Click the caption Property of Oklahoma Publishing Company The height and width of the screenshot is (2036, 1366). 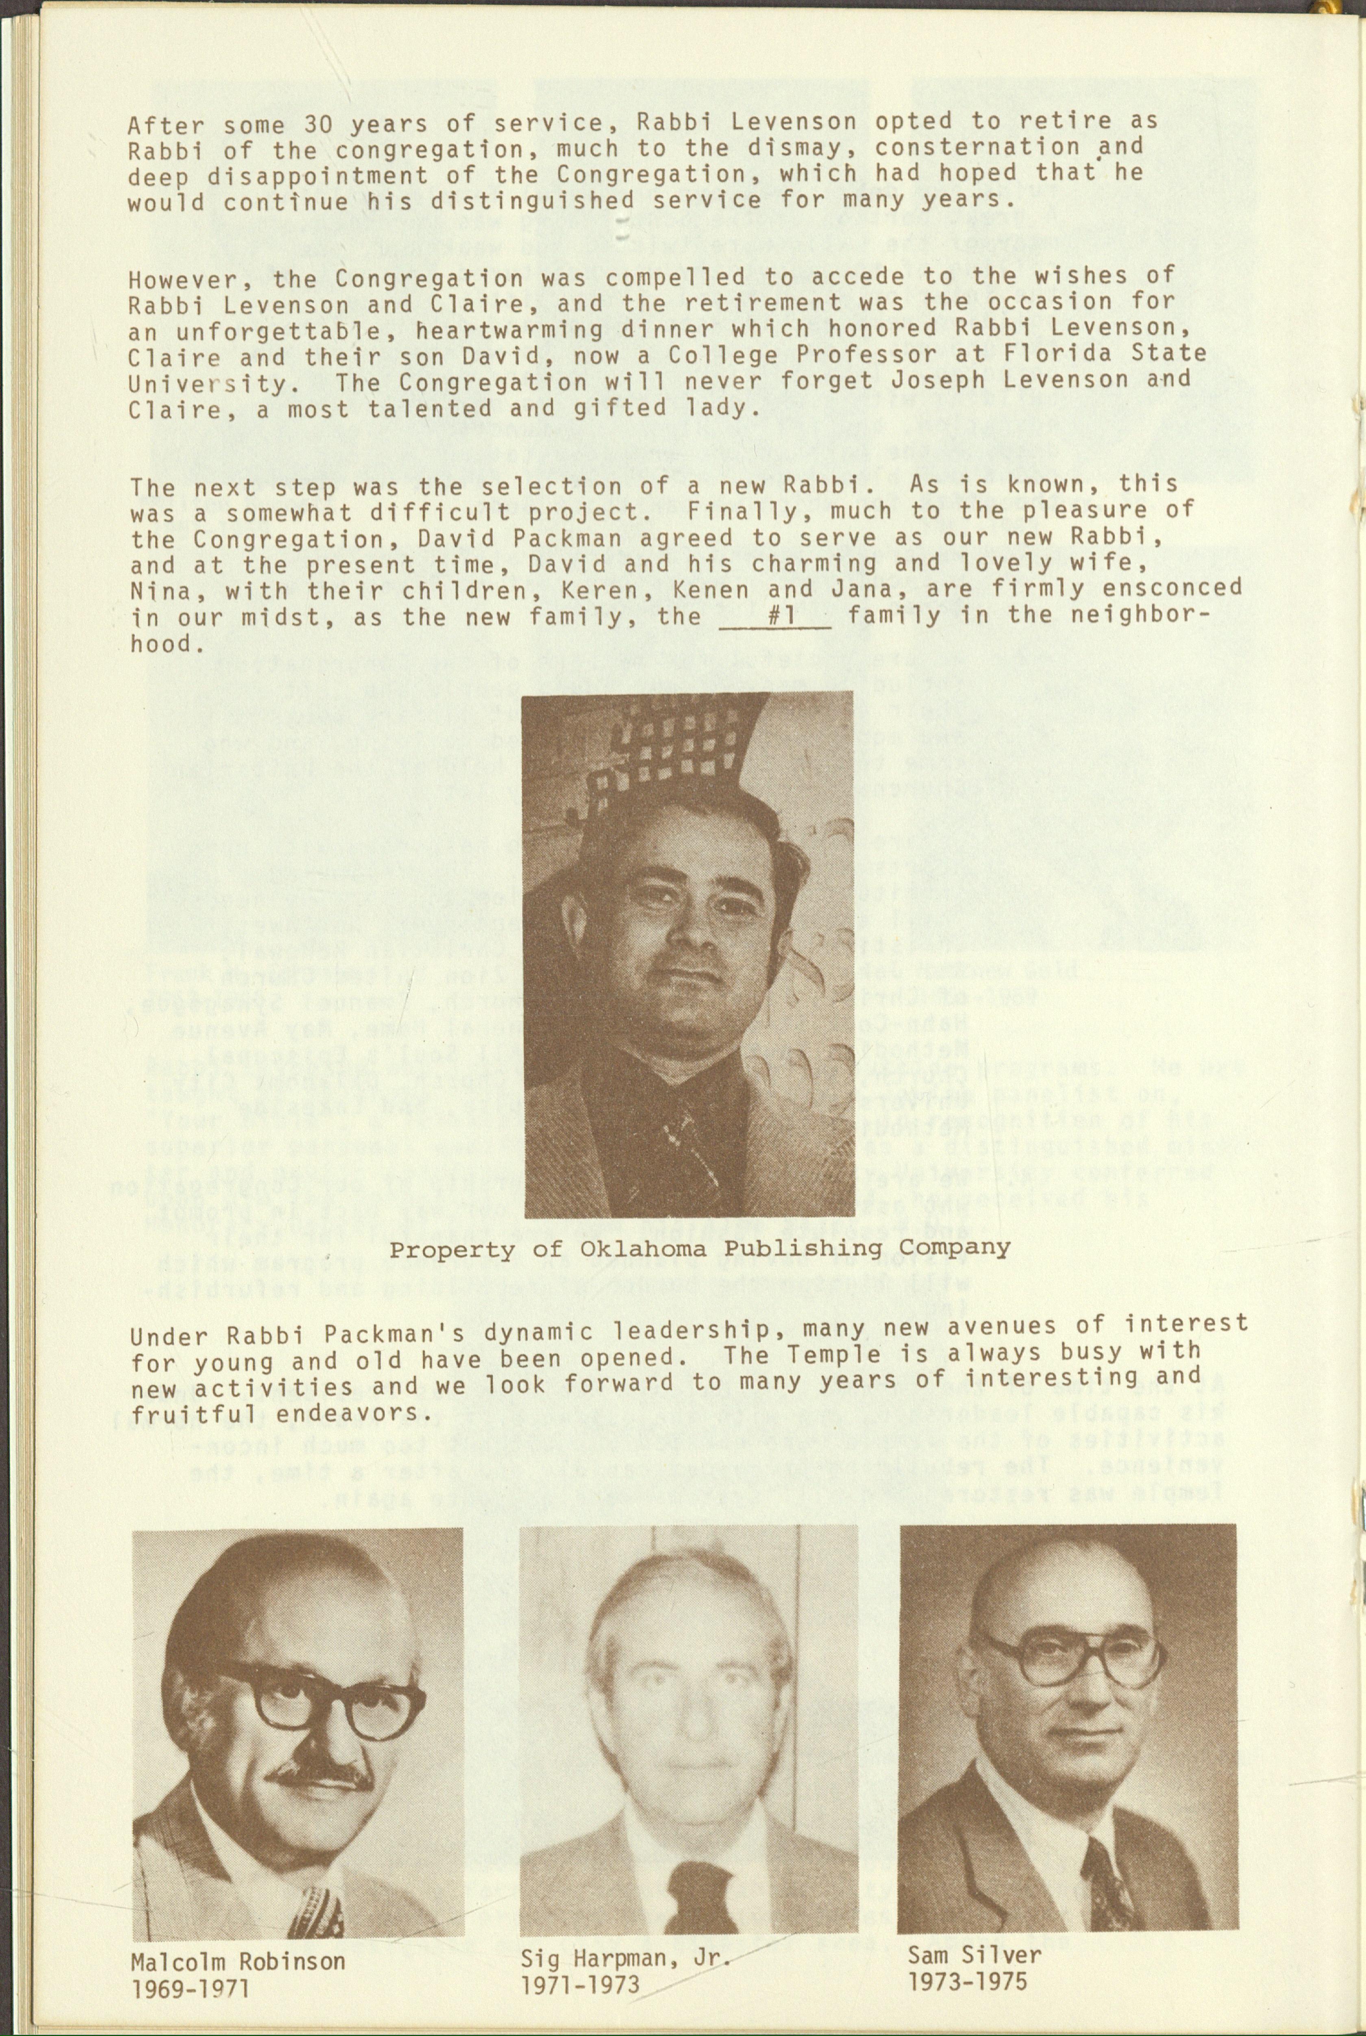pyautogui.click(x=700, y=1248)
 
